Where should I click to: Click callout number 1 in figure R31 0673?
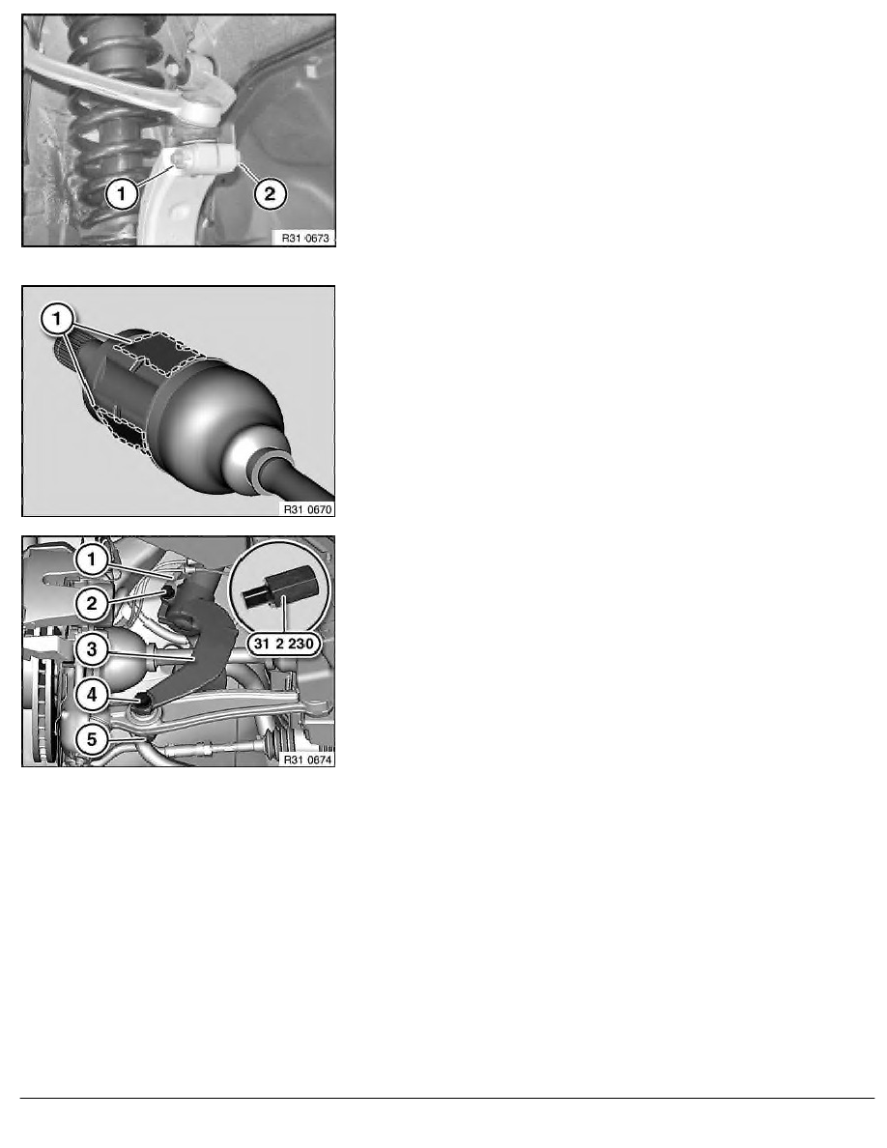(122, 194)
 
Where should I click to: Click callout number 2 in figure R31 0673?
(270, 193)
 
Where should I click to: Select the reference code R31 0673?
(306, 238)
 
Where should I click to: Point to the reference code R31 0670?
(307, 509)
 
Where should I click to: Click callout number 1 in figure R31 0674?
(92, 560)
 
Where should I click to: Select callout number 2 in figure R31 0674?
(92, 604)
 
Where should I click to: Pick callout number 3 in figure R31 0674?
(92, 649)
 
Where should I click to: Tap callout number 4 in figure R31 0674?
(92, 694)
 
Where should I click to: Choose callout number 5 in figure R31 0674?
(92, 739)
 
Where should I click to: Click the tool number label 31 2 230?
(284, 645)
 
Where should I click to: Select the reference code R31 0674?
(307, 760)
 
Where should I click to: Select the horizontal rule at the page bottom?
(447, 1098)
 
